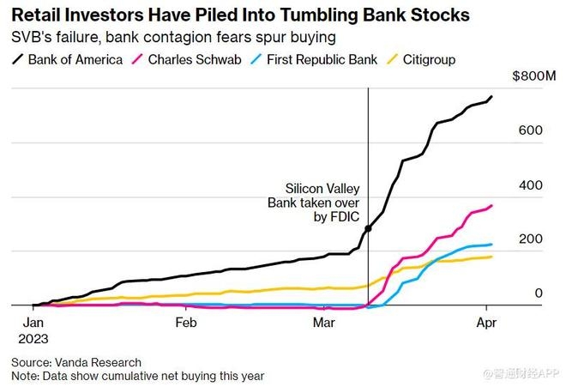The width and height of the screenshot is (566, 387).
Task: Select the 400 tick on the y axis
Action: pos(530,184)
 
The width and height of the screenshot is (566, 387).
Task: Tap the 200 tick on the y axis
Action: pos(530,239)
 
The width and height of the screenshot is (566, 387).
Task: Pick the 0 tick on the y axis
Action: pos(539,293)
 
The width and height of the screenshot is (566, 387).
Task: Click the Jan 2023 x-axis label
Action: pos(32,330)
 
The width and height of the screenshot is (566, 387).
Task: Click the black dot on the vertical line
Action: pos(368,228)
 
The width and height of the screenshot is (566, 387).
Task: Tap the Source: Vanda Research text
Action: pos(76,362)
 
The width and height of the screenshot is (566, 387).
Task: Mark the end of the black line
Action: pos(491,96)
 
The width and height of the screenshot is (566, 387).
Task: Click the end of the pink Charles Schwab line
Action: pos(491,205)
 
